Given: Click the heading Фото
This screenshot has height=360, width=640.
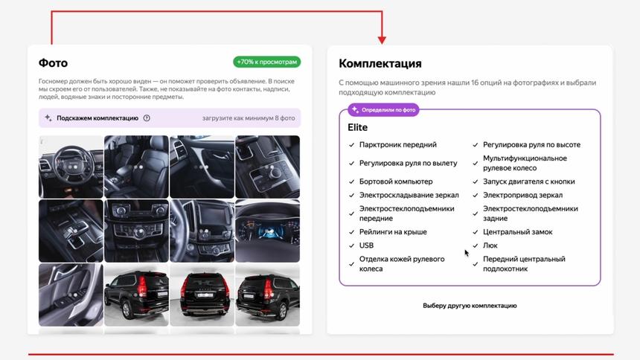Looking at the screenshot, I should tap(53, 63).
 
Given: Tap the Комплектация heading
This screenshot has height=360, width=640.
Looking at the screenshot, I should tap(380, 64).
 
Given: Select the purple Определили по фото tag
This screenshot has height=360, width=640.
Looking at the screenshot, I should tap(384, 110).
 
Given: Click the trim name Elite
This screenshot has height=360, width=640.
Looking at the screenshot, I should tap(357, 128).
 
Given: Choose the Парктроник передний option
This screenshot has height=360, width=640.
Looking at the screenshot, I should tap(397, 145).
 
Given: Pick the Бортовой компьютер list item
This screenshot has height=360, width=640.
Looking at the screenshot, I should tap(395, 181).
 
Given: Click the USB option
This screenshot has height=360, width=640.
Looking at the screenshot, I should tap(366, 245).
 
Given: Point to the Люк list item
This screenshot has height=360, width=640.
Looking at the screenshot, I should tap(490, 245).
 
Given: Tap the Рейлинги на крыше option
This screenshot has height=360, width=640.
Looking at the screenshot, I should tap(392, 232).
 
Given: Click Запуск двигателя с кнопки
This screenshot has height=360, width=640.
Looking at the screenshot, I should tap(528, 181).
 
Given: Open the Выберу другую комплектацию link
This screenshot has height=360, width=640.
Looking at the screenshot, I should tap(470, 306).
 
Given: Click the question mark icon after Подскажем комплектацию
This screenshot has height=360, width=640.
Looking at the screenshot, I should tap(147, 118).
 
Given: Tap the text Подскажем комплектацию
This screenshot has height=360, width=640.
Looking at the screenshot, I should tap(97, 118).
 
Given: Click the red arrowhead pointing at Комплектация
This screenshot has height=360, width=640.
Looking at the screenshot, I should tap(382, 39).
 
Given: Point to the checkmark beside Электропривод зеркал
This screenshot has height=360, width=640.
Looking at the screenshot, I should tap(476, 196).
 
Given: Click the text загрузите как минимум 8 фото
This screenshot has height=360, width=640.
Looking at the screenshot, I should tap(249, 118).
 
